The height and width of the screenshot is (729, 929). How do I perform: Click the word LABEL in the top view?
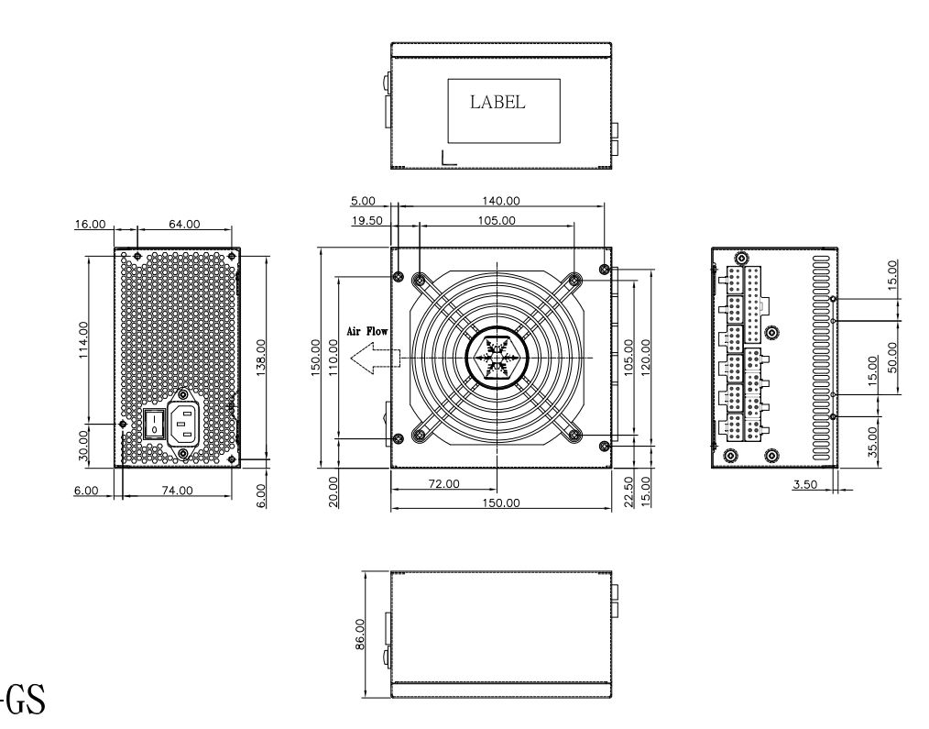pyautogui.click(x=497, y=103)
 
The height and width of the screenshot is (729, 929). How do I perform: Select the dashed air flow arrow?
pyautogui.click(x=376, y=358)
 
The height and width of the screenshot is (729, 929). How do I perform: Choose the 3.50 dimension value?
pyautogui.click(x=804, y=483)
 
